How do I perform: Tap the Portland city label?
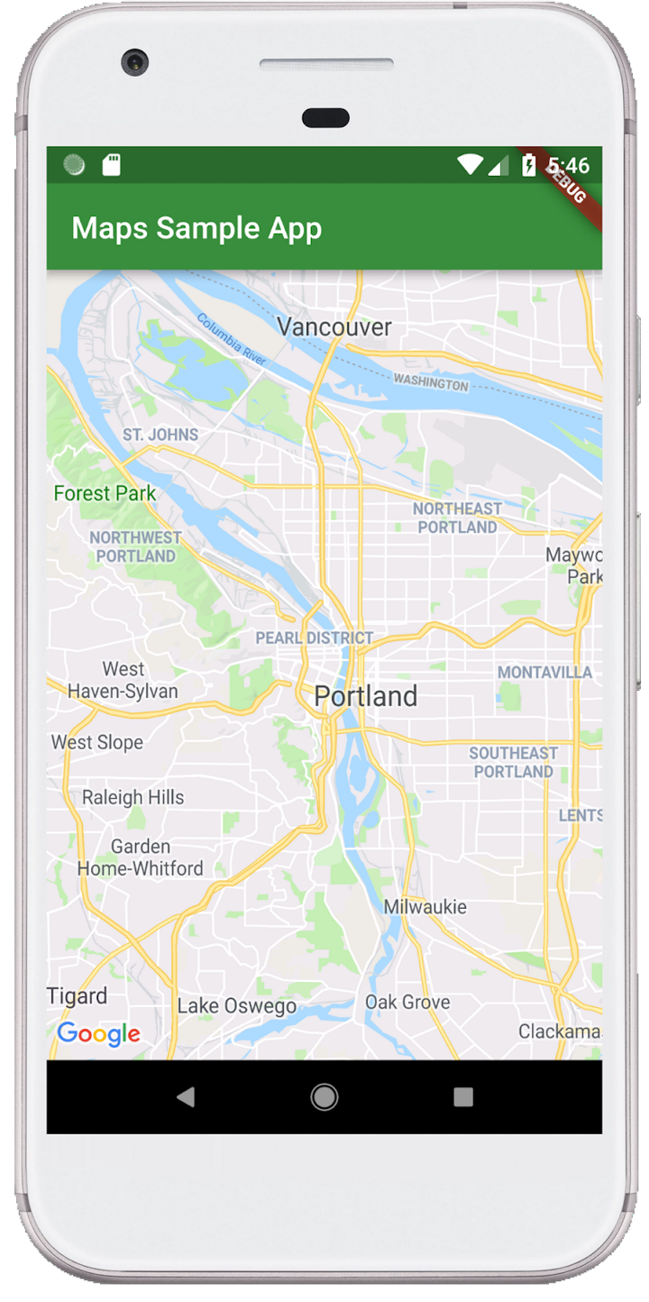pos(366,696)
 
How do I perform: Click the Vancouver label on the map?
pos(334,326)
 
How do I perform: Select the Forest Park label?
pos(105,493)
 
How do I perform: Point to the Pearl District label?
pos(314,637)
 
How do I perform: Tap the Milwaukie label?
pos(425,907)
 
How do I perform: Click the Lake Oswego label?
pos(237,1006)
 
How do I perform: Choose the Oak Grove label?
pos(407,1002)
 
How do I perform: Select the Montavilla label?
pos(544,673)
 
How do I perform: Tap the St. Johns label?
pos(160,435)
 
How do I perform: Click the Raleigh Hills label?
pos(133,797)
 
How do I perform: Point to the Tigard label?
pos(78,996)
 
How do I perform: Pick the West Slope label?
pos(96,743)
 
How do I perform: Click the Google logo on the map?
pos(98,1034)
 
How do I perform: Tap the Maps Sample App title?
pos(197,228)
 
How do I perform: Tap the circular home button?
pos(324,1096)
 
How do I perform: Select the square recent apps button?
pos(463,1096)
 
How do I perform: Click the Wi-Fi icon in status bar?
pos(470,165)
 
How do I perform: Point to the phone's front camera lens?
pos(136,62)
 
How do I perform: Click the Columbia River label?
pos(232,339)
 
